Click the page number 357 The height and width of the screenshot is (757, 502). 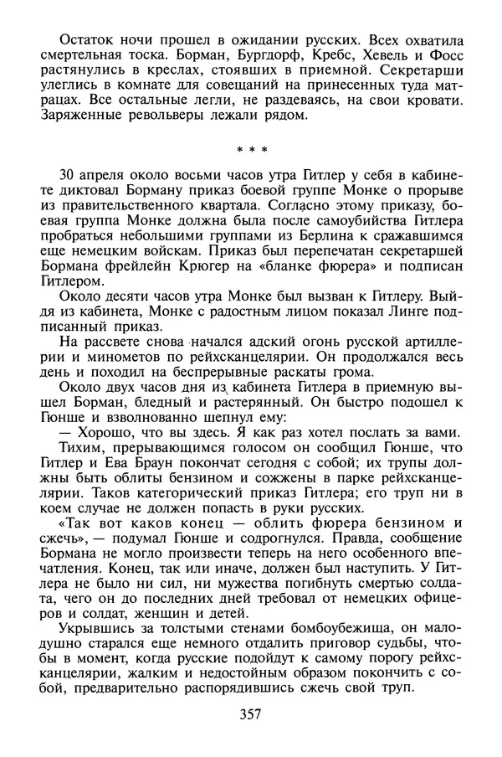click(251, 714)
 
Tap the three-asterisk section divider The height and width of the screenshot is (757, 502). click(251, 151)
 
